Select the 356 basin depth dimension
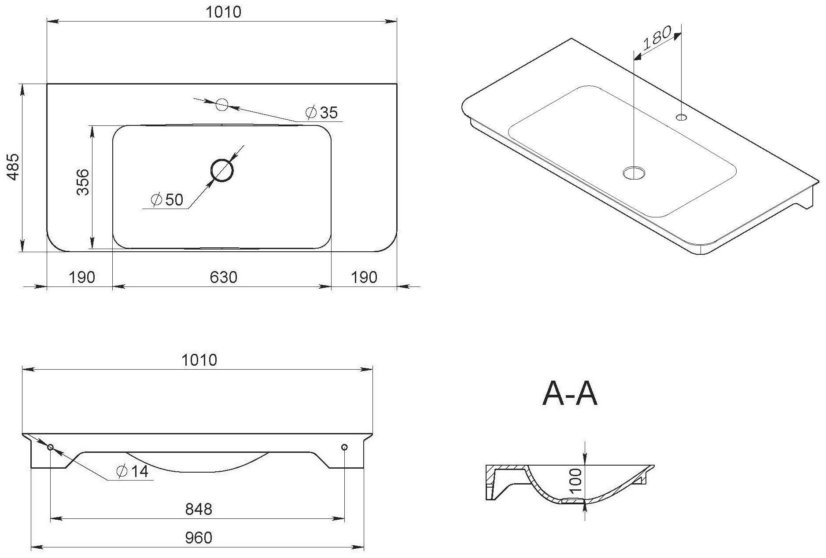[83, 182]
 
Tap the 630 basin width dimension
[223, 277]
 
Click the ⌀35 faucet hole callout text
[322, 113]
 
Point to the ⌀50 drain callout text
[167, 200]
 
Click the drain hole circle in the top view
[222, 170]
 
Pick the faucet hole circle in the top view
[222, 105]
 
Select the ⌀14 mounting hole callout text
[132, 472]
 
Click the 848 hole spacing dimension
[198, 509]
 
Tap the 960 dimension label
[198, 538]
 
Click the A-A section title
[570, 394]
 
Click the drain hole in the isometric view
[634, 173]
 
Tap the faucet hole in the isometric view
[682, 117]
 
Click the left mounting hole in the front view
[50, 447]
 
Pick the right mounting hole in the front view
[344, 447]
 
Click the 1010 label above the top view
[224, 12]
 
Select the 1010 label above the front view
[199, 360]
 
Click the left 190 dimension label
[82, 277]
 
